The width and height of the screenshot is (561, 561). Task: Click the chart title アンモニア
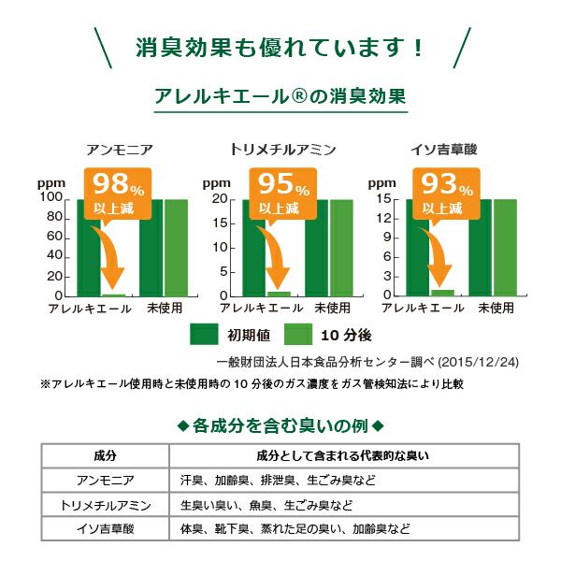click(x=120, y=150)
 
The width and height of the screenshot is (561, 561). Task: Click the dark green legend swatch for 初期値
click(x=203, y=334)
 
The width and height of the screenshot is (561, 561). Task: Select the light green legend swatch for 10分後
click(x=297, y=334)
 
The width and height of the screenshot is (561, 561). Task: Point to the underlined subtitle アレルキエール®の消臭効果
click(x=280, y=96)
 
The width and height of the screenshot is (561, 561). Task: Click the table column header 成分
click(x=106, y=456)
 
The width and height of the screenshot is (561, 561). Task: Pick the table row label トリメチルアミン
click(x=106, y=505)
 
